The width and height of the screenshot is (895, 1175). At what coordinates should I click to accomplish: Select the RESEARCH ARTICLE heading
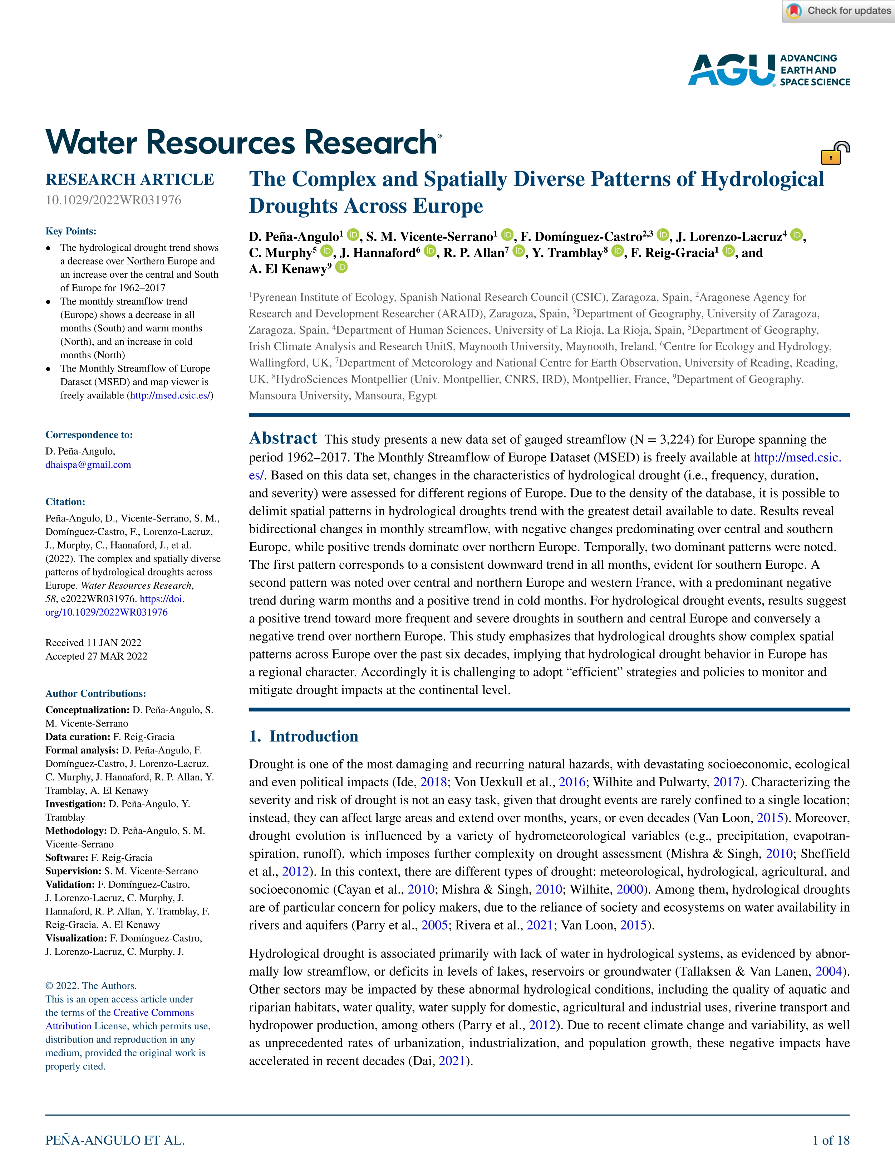point(129,180)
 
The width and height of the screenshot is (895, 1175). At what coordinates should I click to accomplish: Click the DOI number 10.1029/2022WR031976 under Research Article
point(113,200)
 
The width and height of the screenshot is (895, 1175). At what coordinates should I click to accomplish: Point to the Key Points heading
point(71,231)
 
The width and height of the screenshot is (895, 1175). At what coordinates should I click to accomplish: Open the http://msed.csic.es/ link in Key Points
point(170,395)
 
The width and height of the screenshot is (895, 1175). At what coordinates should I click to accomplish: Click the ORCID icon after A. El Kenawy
point(341,267)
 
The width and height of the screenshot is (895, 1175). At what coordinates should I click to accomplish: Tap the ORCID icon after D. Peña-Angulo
point(353,234)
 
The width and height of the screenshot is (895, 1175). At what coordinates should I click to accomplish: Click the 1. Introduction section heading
point(304,736)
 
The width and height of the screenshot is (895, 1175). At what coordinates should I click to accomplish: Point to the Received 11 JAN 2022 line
point(93,643)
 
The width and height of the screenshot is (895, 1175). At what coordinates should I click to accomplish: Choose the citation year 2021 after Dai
point(452,1061)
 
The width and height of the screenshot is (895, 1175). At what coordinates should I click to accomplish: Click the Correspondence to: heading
point(89,435)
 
